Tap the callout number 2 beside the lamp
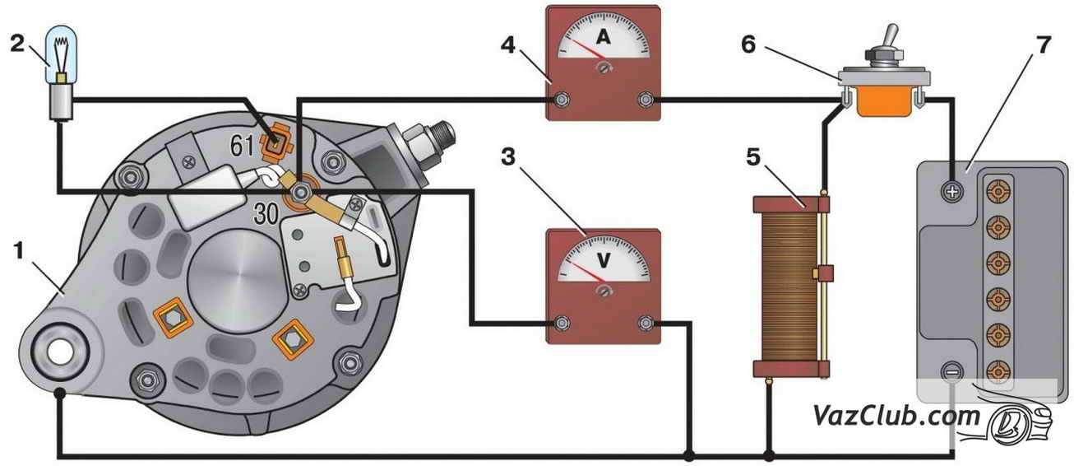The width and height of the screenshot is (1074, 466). [x=17, y=43]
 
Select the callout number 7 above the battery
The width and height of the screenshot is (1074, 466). [x=1042, y=44]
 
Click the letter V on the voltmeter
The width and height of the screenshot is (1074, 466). [x=603, y=260]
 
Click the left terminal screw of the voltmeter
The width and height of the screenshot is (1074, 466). [x=561, y=323]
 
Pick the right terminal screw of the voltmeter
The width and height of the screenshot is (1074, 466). [x=646, y=323]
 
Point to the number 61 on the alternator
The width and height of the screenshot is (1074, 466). [x=241, y=147]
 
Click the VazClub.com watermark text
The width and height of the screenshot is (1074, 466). [x=896, y=415]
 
